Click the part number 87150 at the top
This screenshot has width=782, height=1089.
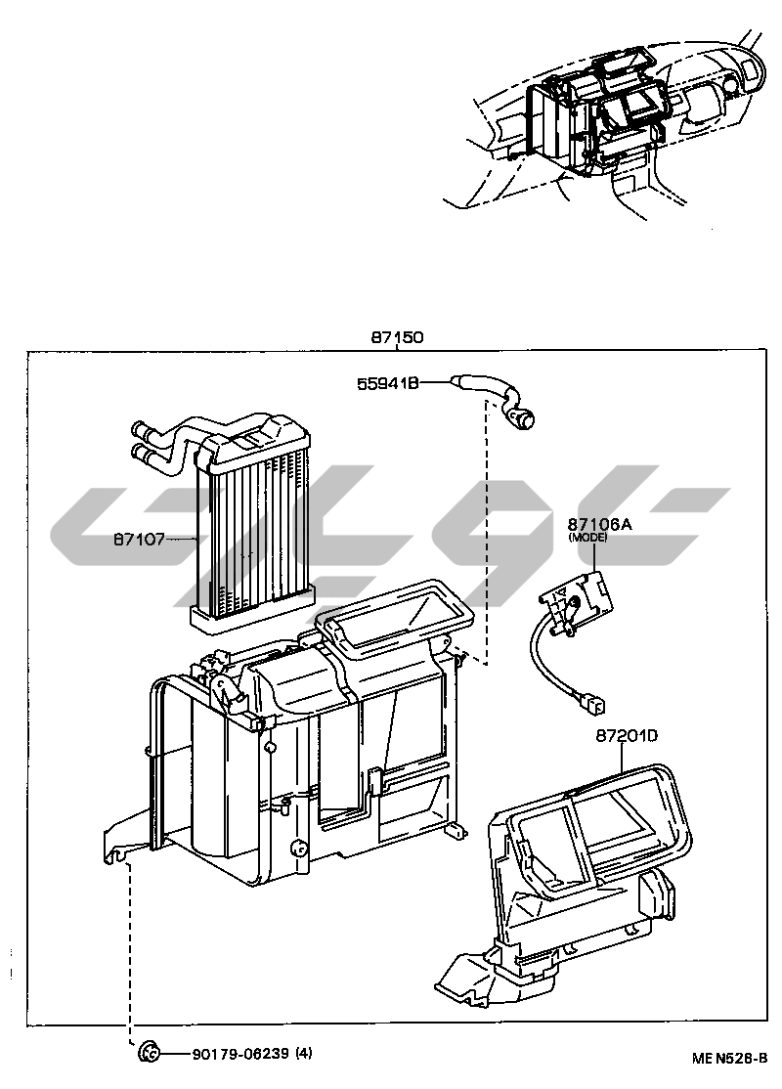point(397,337)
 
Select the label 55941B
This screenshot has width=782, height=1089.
point(388,382)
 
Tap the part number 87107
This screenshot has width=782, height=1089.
point(140,539)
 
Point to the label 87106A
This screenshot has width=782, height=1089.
point(600,524)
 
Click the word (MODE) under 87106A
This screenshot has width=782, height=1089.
point(587,537)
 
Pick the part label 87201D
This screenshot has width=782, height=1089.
point(626,735)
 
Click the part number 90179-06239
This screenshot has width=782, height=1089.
point(240,1054)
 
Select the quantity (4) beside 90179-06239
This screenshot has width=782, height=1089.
point(304,1054)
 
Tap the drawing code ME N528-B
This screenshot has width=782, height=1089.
point(729,1059)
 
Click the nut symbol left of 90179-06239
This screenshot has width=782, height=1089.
point(149,1053)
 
